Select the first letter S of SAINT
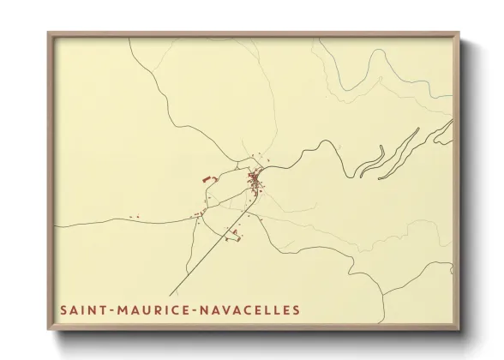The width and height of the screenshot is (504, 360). pyautogui.click(x=63, y=309)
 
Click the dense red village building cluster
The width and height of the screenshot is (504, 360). pyautogui.click(x=255, y=181)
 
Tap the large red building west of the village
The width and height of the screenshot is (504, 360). pyautogui.click(x=206, y=179)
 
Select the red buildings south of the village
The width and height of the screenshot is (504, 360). pyautogui.click(x=232, y=233)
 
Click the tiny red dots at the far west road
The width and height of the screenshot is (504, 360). pyautogui.click(x=133, y=216)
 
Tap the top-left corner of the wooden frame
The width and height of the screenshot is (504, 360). pyautogui.click(x=50, y=34)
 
